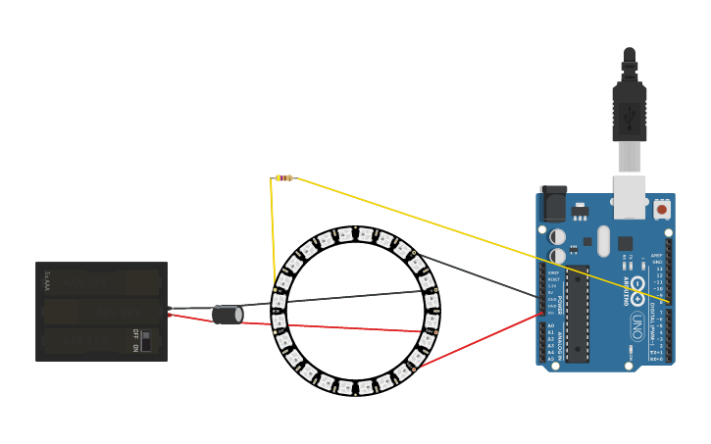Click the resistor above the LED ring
283,178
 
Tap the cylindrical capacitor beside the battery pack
228,314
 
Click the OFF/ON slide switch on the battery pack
145,340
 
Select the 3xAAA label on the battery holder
46,280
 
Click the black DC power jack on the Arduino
553,203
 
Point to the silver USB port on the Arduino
630,196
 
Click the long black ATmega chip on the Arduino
578,314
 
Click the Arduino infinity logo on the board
637,291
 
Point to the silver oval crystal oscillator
603,240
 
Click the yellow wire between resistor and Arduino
471,235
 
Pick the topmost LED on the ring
365,234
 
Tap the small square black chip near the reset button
587,241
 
